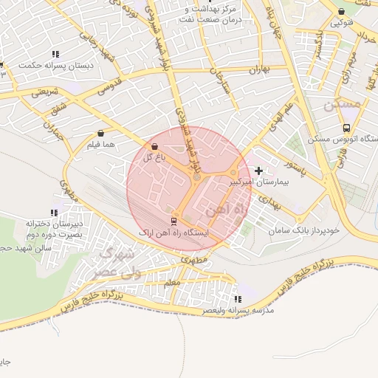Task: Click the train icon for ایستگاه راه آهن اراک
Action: pyautogui.click(x=174, y=221)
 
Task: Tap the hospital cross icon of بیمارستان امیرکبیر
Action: pyautogui.click(x=258, y=171)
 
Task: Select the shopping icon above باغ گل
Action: pyautogui.click(x=154, y=148)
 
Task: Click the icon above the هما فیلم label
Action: pyautogui.click(x=100, y=134)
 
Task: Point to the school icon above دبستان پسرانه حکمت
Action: pyautogui.click(x=55, y=54)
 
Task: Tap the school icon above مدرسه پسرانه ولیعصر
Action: pyautogui.click(x=238, y=299)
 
